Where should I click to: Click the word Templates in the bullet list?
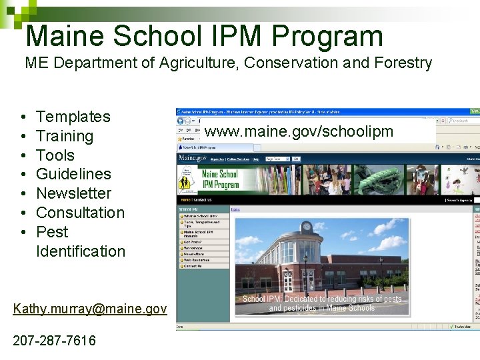(73, 117)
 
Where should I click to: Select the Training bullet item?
(64, 136)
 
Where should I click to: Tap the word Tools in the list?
(55, 155)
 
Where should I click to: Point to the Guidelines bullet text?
(73, 174)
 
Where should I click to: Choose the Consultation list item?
(80, 213)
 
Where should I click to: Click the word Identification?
(80, 251)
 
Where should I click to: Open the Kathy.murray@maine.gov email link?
(90, 309)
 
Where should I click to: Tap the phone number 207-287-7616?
(54, 341)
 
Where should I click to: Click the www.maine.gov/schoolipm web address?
(299, 131)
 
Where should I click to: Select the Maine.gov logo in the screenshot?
(192, 159)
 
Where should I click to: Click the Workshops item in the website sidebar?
(193, 248)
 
